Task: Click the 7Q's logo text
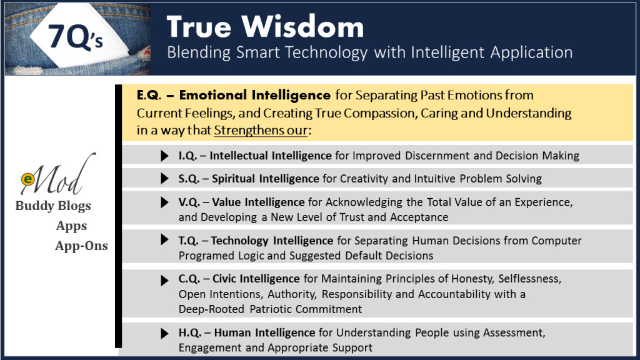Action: (76, 37)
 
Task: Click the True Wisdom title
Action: (265, 27)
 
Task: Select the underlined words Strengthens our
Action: (261, 130)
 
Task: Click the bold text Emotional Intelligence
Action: (255, 95)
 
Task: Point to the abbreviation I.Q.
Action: (187, 156)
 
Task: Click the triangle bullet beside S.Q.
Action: (164, 178)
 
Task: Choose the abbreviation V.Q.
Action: (189, 202)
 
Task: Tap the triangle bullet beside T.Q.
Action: (164, 239)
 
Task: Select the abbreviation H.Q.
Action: (190, 332)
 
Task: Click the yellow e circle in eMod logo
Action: (27, 179)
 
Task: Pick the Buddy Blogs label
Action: (53, 206)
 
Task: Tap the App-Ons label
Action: (82, 246)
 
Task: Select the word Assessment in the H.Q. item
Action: (514, 332)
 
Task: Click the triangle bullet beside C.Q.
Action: (164, 281)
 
